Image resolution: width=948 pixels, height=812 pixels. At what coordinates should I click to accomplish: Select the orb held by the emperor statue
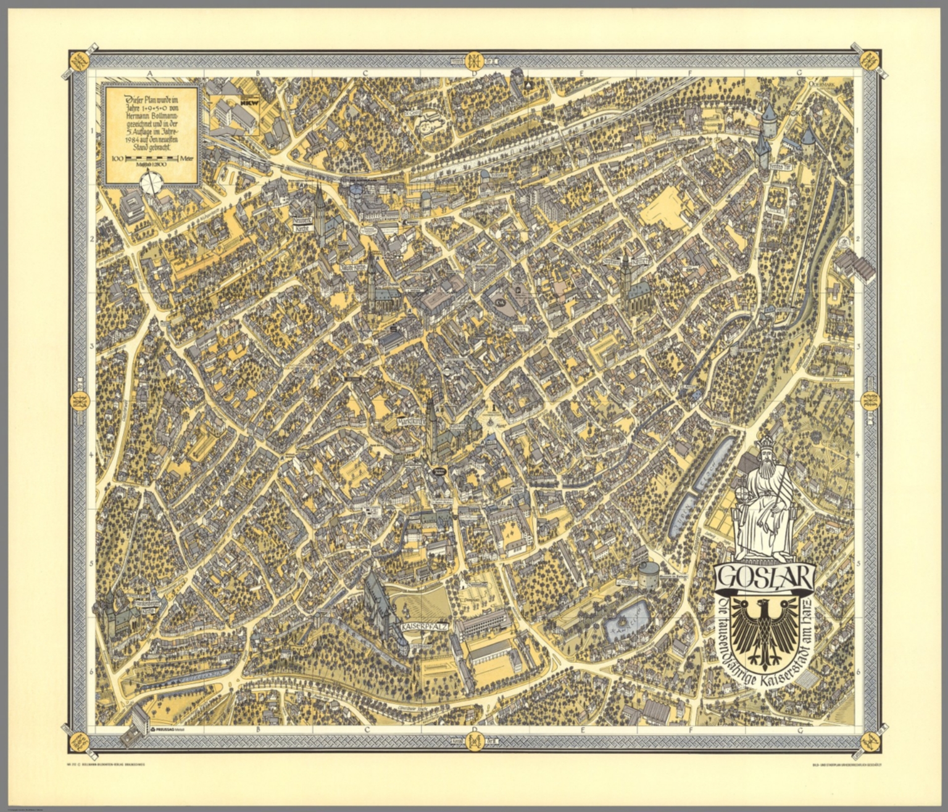[x=743, y=494]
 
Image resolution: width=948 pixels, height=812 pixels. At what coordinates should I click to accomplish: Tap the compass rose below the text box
[x=152, y=182]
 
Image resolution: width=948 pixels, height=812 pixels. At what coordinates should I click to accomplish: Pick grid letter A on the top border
[x=149, y=73]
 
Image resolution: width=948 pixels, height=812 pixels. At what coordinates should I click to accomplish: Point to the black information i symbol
[x=492, y=408]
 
